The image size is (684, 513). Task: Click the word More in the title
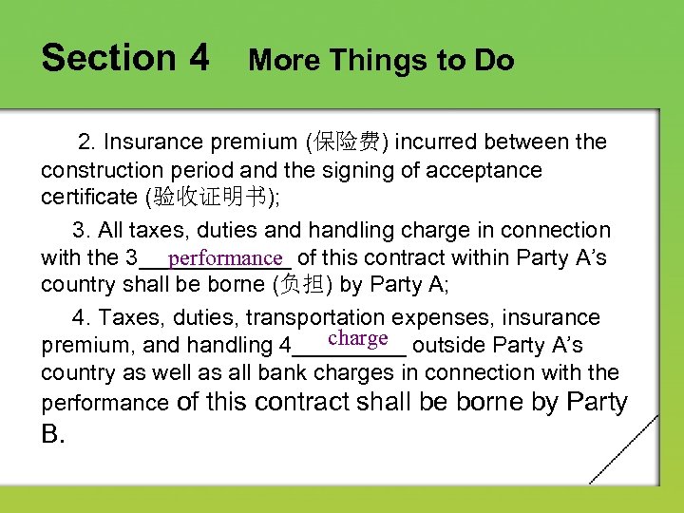pyautogui.click(x=282, y=61)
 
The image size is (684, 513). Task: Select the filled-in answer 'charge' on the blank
pyautogui.click(x=357, y=338)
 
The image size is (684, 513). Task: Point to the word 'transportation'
pyautogui.click(x=298, y=317)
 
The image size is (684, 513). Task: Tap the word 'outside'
pyautogui.click(x=449, y=345)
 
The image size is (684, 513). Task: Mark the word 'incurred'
pyautogui.click(x=433, y=142)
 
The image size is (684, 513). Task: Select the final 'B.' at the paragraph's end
pyautogui.click(x=53, y=434)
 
